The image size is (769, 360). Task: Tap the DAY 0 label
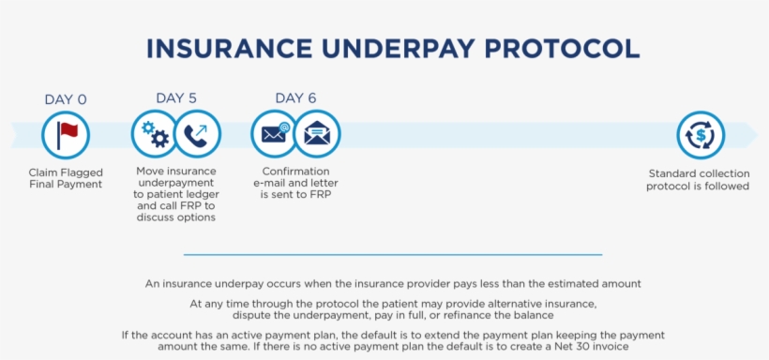tap(66, 99)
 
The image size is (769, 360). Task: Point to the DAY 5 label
tap(176, 97)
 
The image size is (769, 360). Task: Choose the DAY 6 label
tap(295, 97)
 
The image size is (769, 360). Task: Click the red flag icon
tap(66, 134)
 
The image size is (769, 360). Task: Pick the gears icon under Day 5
tap(154, 134)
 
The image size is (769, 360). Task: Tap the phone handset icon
tap(197, 134)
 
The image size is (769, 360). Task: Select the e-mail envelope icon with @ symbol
tap(274, 134)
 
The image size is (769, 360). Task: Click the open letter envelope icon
tap(317, 134)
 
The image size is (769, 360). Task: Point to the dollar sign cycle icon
tap(700, 134)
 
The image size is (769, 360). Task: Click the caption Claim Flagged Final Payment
tap(66, 178)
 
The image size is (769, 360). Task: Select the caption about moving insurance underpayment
tap(176, 195)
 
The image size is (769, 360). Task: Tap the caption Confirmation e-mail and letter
tap(295, 184)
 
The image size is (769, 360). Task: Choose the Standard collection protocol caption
tap(699, 179)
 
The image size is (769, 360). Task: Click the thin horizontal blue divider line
tap(393, 254)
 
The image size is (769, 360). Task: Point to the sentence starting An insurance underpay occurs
tap(393, 283)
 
